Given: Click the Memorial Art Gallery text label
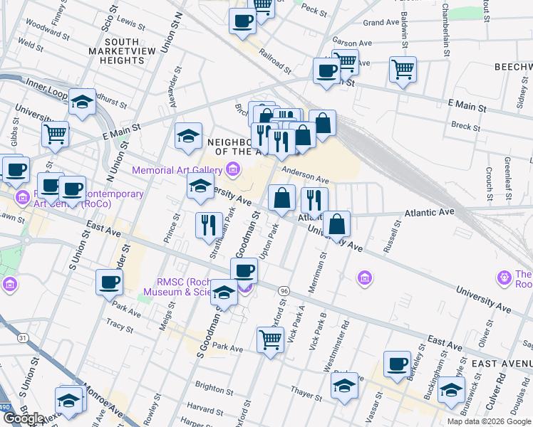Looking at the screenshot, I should coord(177,170).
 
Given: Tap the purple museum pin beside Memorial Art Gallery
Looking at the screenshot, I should coord(232,169).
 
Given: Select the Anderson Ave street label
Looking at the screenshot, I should coord(305,174).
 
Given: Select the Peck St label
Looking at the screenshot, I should coord(314,10).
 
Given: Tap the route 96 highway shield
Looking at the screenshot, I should coord(284,291).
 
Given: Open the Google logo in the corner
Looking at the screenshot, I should coord(24,418).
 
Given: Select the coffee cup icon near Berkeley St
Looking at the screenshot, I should coord(397,364).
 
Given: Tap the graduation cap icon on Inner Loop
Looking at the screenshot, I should coord(83,102).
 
